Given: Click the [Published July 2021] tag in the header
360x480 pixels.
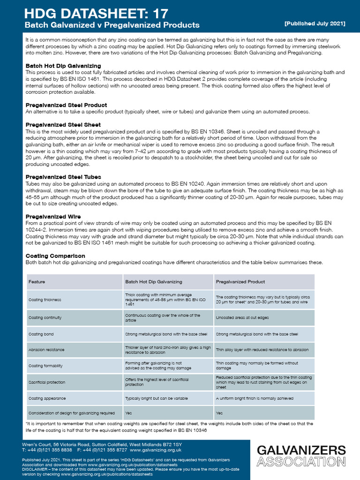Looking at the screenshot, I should click(315, 23).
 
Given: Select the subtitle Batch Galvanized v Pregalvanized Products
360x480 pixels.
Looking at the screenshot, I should click(112, 25).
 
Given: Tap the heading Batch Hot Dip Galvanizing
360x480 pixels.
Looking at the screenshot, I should click(63, 66).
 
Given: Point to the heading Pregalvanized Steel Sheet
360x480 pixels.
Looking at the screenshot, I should click(63, 125).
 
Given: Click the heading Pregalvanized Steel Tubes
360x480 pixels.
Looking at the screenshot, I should click(63, 177).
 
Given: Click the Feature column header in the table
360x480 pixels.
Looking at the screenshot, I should click(37, 282).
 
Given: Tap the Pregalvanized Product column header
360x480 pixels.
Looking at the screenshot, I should click(240, 282).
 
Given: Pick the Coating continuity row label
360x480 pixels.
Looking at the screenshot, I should click(45, 318).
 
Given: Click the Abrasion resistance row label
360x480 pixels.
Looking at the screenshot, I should click(46, 350).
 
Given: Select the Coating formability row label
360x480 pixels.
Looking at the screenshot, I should click(46, 366).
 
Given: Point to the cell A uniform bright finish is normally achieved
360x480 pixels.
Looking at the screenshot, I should click(255, 398).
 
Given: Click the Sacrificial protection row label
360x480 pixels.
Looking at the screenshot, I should click(47, 382).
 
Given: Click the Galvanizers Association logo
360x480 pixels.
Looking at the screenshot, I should click(301, 456).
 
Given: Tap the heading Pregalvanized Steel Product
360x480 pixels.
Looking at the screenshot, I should click(66, 105).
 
